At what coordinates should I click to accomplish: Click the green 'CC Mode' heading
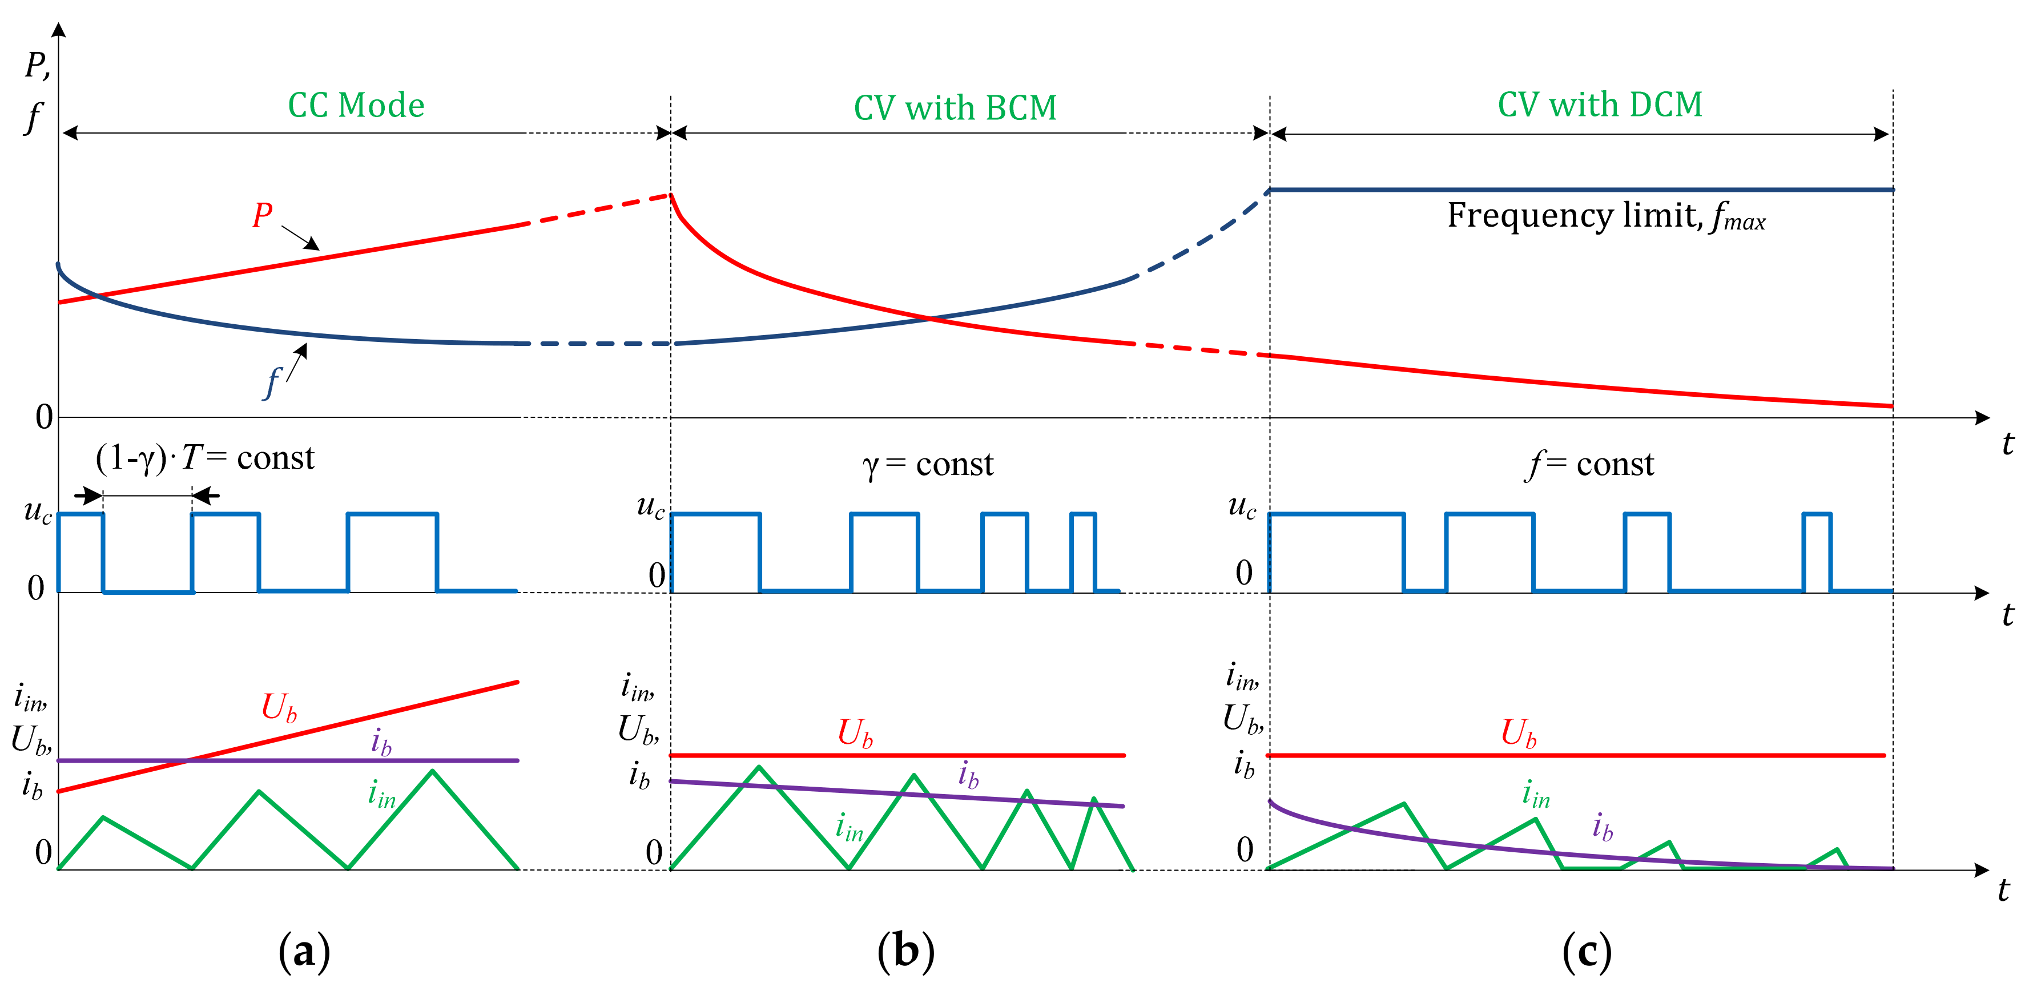(x=356, y=105)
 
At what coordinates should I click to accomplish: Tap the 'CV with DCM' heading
(x=1599, y=105)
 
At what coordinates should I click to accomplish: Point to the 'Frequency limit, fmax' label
(x=1605, y=216)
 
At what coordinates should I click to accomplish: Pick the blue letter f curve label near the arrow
(x=272, y=384)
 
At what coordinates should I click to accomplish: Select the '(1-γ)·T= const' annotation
(x=205, y=458)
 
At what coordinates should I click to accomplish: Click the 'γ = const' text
(x=928, y=464)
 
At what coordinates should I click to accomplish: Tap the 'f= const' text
(x=1589, y=464)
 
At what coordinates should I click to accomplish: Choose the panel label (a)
(x=304, y=952)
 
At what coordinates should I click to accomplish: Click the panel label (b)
(x=905, y=952)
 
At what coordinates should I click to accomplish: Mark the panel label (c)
(x=1586, y=952)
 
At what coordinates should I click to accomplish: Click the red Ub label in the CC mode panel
(x=279, y=707)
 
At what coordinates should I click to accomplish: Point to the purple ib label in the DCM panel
(x=1602, y=827)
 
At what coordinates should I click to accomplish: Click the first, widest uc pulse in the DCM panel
(x=1336, y=550)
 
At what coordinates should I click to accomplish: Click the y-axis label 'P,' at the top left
(x=37, y=66)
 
